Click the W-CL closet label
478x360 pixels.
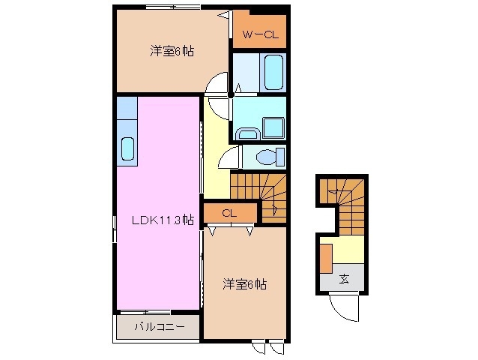(x=258, y=34)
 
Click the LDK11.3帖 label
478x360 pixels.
(x=163, y=220)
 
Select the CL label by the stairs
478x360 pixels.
(x=229, y=213)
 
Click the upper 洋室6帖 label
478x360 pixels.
(x=172, y=51)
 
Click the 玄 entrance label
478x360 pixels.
(x=344, y=279)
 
